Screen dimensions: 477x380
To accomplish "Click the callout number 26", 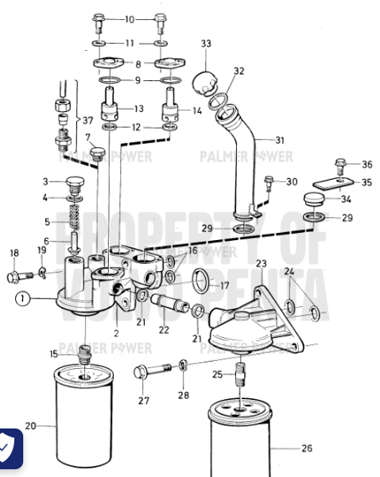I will coord(307,448).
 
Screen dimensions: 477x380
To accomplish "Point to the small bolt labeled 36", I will coord(341,165).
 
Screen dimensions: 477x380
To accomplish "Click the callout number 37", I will coord(87,121).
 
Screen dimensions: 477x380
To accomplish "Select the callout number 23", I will coord(260,263).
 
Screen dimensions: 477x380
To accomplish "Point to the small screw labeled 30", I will coord(269,181).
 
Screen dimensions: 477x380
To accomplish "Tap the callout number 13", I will coord(138,109).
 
